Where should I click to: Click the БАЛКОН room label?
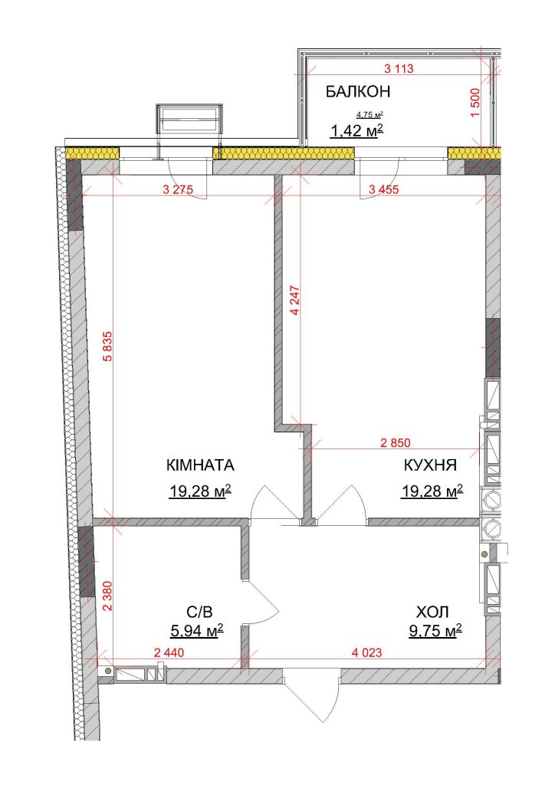(357, 92)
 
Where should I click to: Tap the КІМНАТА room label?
(200, 465)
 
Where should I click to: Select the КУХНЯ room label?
(430, 465)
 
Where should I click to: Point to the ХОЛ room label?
(432, 611)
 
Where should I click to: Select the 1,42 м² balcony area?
(356, 131)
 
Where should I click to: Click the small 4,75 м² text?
(369, 114)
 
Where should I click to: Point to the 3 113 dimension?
(399, 69)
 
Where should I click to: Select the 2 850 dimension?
(396, 442)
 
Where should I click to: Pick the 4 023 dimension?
(367, 652)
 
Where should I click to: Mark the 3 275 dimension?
(178, 189)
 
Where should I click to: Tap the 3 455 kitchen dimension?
(384, 189)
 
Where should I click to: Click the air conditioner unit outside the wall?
(189, 119)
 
